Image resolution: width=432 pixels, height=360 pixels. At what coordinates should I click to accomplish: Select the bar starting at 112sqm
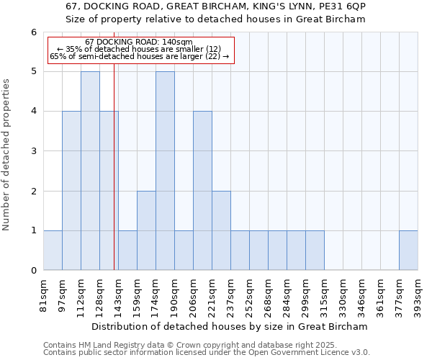(90, 171)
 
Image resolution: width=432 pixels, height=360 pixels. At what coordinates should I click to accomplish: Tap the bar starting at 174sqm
(165, 171)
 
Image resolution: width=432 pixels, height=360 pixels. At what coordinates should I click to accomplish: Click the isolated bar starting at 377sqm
(408, 251)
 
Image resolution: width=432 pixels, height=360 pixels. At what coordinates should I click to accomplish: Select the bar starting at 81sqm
(53, 251)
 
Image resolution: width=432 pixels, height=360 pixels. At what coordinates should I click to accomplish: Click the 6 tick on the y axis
(33, 32)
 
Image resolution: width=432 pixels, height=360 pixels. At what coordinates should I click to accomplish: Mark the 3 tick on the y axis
(33, 151)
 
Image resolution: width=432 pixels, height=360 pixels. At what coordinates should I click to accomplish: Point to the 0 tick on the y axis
(33, 271)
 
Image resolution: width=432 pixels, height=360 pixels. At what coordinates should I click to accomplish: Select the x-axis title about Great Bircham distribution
(230, 326)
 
